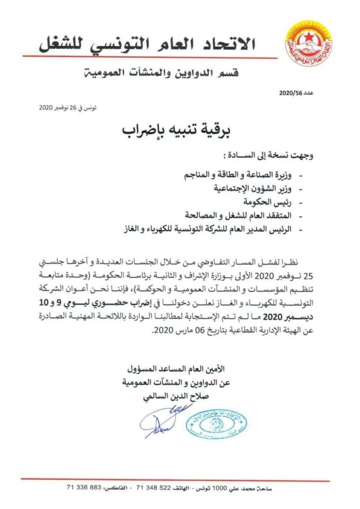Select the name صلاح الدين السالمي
[x=196, y=396]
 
